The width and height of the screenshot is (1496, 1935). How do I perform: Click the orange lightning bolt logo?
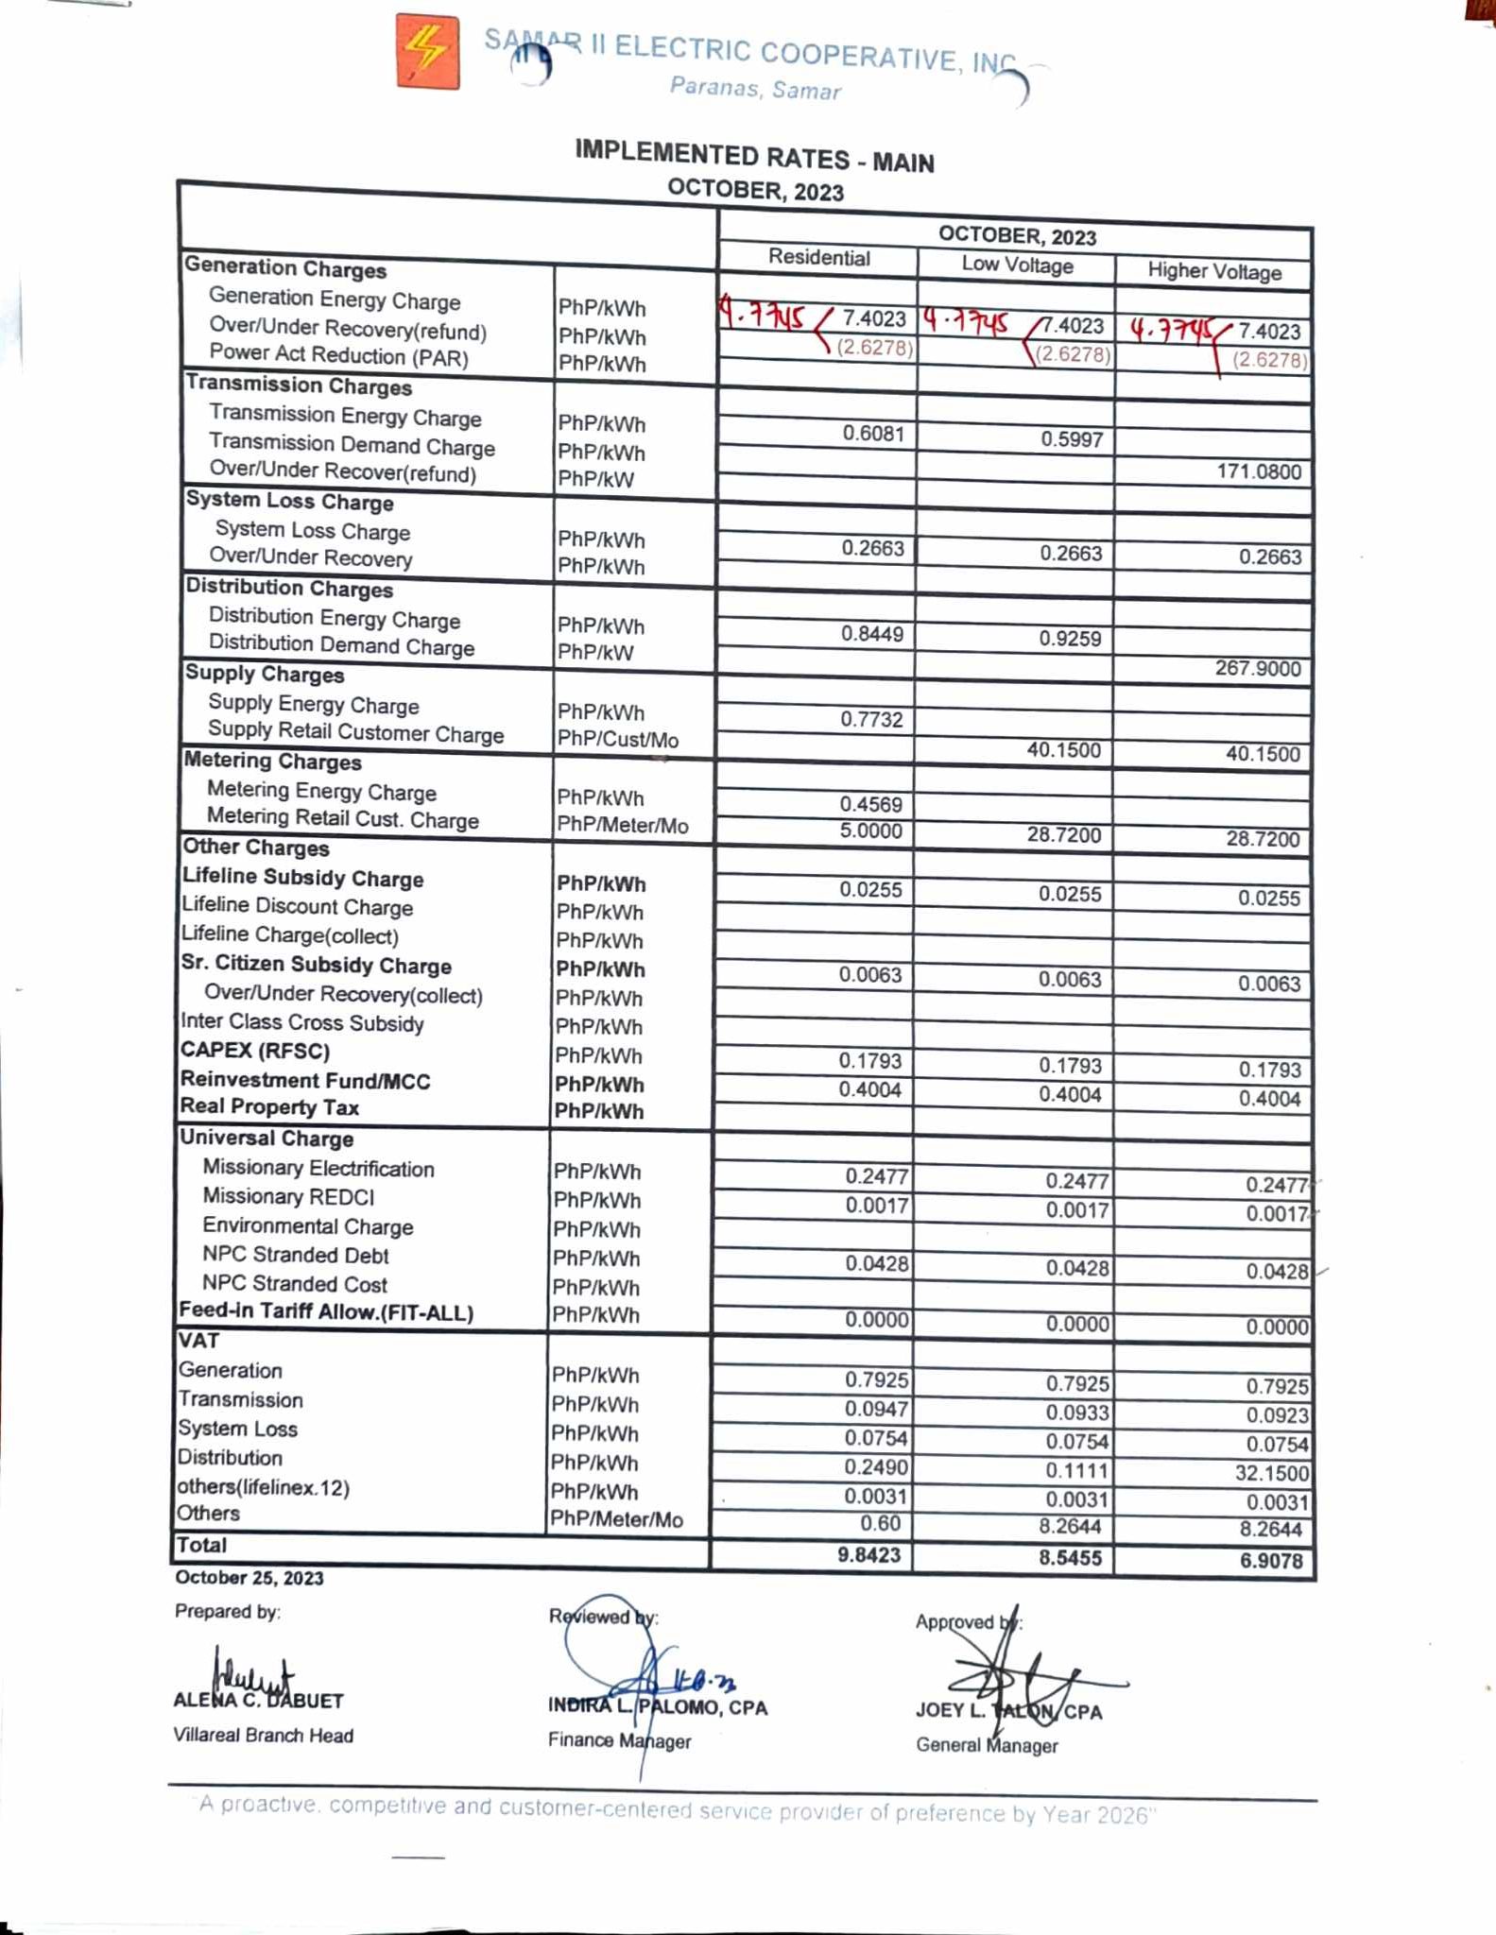(428, 52)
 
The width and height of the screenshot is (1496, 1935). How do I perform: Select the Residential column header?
(818, 258)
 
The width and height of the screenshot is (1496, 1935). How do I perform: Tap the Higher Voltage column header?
(1214, 272)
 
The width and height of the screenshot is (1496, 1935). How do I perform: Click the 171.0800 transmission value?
(1258, 471)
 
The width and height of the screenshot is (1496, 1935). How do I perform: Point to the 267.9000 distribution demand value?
(1257, 669)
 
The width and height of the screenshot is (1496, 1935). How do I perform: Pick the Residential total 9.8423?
(869, 1555)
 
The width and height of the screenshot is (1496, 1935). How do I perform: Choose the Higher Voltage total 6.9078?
(1271, 1561)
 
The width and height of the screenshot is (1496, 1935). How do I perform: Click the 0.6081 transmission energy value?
(873, 434)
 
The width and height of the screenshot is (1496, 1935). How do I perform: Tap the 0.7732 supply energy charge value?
(871, 720)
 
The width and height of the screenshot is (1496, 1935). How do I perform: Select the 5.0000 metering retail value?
(871, 831)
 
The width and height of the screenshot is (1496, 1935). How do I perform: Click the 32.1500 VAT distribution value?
(1271, 1473)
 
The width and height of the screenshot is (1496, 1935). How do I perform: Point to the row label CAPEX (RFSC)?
(255, 1051)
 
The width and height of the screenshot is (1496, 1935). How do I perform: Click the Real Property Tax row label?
(270, 1107)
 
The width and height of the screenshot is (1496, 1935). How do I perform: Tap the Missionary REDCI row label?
(288, 1197)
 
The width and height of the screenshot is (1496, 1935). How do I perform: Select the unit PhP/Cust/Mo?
(617, 740)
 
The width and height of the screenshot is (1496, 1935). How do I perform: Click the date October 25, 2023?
(249, 1578)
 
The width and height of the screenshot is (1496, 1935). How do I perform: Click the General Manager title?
(987, 1745)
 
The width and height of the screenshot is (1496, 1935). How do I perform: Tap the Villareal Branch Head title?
(263, 1736)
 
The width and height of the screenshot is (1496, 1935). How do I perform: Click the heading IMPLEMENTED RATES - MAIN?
(754, 157)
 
